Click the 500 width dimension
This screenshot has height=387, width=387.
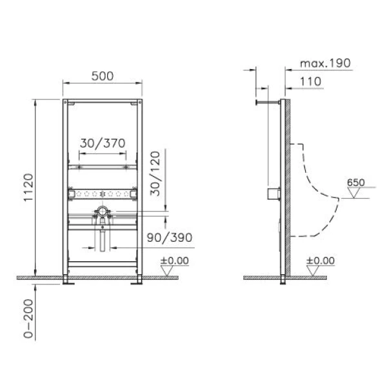(103, 75)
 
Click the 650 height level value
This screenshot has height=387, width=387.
(355, 182)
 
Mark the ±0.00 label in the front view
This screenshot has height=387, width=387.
(175, 261)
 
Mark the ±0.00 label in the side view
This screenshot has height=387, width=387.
(321, 261)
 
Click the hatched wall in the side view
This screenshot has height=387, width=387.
(290, 187)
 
